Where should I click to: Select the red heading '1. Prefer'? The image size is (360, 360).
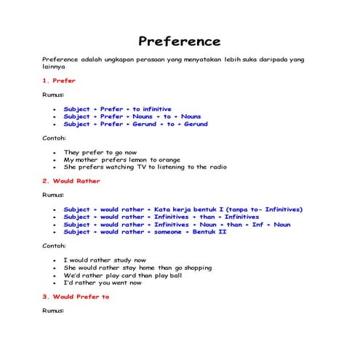59,81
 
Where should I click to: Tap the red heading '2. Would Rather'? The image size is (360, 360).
71,181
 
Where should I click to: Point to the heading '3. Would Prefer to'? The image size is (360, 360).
76,297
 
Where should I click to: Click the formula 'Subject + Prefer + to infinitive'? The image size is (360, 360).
117,109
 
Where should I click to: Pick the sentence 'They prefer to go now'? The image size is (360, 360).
100,152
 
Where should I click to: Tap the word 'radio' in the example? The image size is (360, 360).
216,167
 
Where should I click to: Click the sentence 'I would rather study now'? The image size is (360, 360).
105,260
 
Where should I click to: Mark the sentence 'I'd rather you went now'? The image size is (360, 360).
103,282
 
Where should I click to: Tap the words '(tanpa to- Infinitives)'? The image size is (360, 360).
255,209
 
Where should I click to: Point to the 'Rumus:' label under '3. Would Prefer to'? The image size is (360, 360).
53,311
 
